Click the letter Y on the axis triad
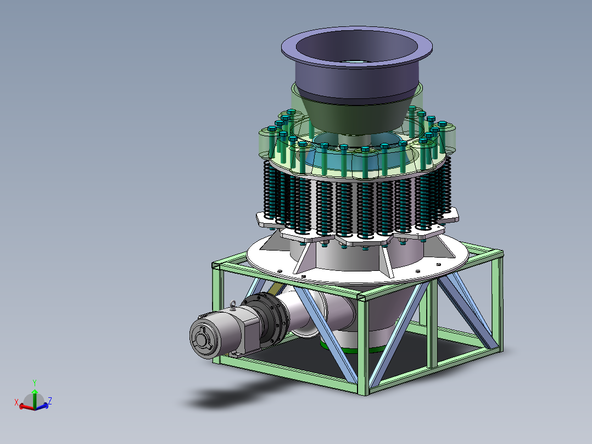[35, 383]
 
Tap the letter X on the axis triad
[16, 402]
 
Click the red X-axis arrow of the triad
[26, 407]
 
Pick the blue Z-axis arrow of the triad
[42, 406]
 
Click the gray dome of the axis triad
[34, 400]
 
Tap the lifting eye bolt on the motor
[233, 304]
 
